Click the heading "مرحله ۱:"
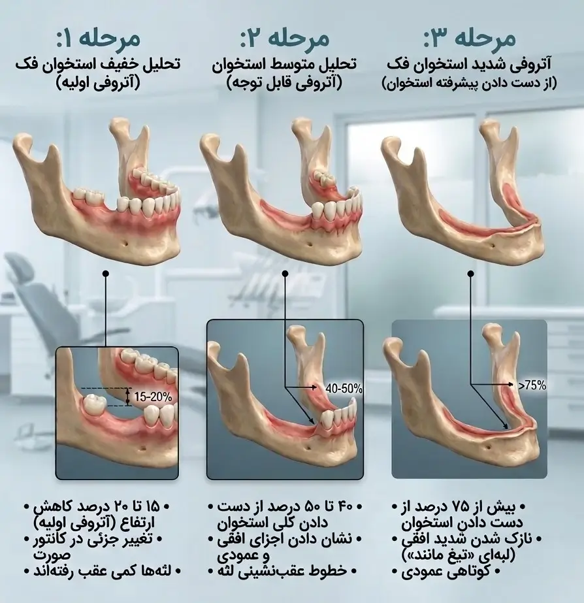click(99, 39)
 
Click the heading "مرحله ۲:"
click(285, 39)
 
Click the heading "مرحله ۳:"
click(470, 39)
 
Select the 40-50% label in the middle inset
click(344, 389)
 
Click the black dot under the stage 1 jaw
click(106, 274)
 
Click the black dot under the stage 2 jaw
click(285, 274)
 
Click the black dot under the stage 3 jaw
click(470, 274)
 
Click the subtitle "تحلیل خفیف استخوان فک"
click(98, 64)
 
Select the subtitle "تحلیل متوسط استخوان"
click(285, 64)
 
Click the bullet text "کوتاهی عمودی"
click(446, 572)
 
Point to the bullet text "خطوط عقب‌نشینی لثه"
click(284, 571)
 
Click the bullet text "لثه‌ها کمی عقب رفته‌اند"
click(102, 571)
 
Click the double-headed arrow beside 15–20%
click(128, 397)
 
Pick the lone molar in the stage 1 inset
click(95, 403)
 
